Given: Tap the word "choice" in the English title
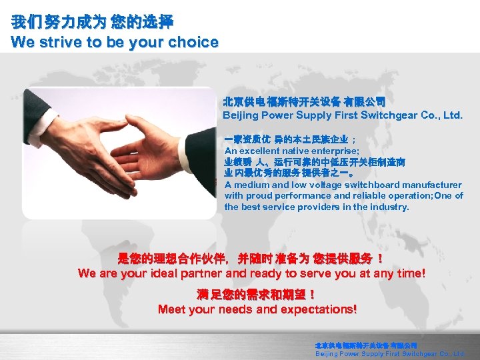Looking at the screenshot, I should pyautogui.click(x=195, y=42).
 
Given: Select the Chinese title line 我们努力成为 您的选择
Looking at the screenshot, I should pyautogui.click(x=92, y=23).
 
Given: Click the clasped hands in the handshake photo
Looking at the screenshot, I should pyautogui.click(x=127, y=148).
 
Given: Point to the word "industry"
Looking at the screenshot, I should pyautogui.click(x=391, y=207).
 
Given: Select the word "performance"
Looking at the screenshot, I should pyautogui.click(x=302, y=196).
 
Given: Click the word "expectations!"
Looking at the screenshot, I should pyautogui.click(x=319, y=309).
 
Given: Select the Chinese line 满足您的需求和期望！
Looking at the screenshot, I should pyautogui.click(x=257, y=294).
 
